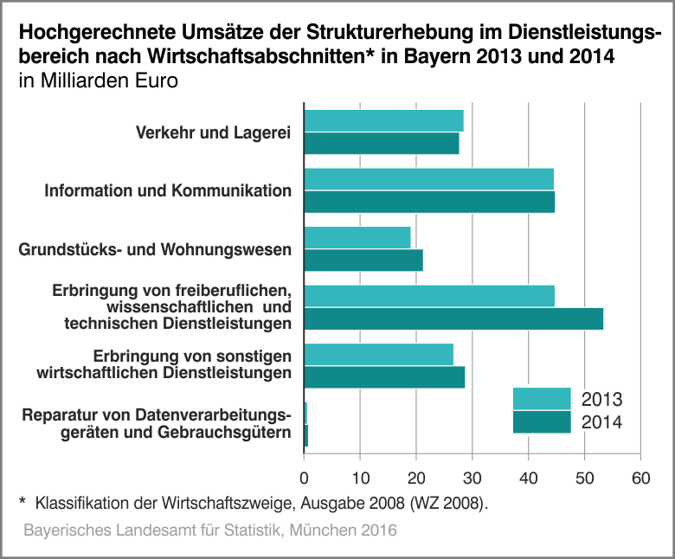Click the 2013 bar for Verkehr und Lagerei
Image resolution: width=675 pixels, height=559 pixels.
point(383,121)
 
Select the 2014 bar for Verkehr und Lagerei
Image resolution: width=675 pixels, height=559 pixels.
point(382,144)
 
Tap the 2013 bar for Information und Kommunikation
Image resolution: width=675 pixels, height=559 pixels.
point(428,179)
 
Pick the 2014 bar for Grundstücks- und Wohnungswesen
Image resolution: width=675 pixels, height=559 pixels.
point(363,260)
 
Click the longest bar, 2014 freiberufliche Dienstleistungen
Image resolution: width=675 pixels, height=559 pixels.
point(453,319)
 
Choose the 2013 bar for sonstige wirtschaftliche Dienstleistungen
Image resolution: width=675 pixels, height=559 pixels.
point(378,355)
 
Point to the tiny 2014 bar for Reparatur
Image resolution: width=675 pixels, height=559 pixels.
point(306,436)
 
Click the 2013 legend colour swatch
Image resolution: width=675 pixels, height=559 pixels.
point(542,399)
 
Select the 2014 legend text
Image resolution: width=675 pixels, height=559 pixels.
point(602,422)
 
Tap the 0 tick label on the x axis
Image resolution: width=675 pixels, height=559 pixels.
point(305,477)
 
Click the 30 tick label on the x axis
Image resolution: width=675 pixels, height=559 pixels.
point(472,477)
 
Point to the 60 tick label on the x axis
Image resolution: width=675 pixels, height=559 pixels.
point(640,477)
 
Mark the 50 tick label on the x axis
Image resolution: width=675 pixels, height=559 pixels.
point(585,477)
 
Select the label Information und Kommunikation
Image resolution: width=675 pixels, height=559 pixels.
point(168,190)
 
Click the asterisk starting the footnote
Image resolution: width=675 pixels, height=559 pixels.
point(22,501)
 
